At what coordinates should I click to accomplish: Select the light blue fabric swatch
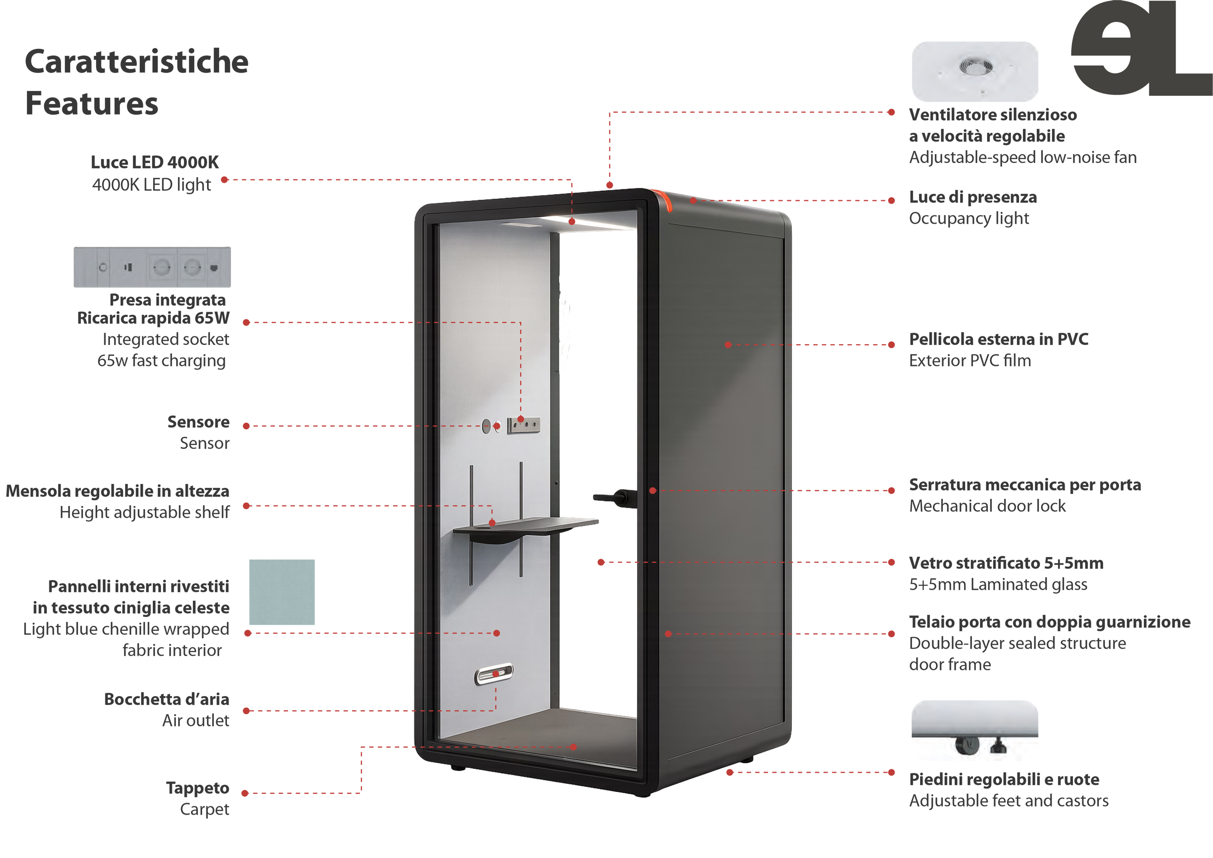coord(281,592)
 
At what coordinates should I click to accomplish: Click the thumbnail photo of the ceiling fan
coord(975,71)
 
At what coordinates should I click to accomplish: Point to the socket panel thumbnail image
coord(152,267)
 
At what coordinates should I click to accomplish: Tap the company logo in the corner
coord(1141,49)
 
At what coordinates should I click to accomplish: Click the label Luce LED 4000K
coord(154,162)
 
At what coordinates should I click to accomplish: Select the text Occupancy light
coord(969,218)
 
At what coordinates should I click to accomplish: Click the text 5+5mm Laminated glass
coord(998,584)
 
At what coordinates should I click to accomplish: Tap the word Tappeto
coord(197,788)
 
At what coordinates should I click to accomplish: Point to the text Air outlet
coord(195,721)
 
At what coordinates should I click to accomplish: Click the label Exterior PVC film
coord(970,360)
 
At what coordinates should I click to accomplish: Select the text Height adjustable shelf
coord(144,512)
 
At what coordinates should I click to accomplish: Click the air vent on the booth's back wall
coord(494,674)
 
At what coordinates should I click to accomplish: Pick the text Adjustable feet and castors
coord(1009,801)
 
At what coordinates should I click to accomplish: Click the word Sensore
coord(198,422)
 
